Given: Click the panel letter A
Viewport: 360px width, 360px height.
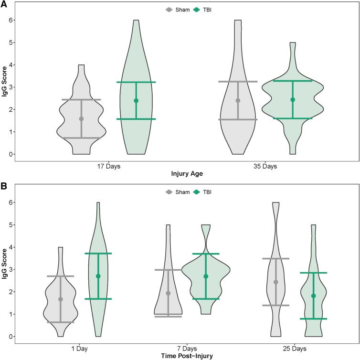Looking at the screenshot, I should (4, 4).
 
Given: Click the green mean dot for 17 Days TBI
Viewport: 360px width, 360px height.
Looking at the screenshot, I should (136, 101).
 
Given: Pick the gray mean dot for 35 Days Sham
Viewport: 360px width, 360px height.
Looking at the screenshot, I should (238, 100).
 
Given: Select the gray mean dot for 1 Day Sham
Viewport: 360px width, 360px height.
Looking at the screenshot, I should (61, 299).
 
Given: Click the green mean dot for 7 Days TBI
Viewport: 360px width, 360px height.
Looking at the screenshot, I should (206, 276).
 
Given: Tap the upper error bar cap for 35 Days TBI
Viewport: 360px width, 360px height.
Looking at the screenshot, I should (293, 81).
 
